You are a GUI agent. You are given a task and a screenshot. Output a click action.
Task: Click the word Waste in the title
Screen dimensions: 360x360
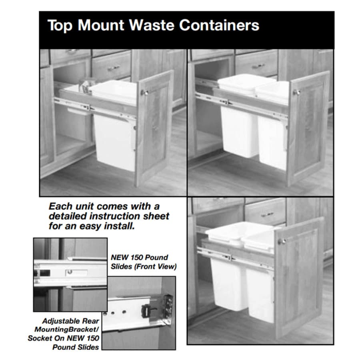pos(151,25)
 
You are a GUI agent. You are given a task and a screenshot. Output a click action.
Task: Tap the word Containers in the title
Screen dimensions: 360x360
pos(219,25)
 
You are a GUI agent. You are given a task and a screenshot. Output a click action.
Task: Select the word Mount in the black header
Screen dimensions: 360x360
pos(101,25)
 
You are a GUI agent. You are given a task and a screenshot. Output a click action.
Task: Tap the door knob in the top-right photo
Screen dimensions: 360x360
pos(296,92)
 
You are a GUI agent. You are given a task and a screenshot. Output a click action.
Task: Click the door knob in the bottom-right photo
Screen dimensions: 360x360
pos(282,241)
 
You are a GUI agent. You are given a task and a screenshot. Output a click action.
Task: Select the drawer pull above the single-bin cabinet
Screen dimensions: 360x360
pos(114,68)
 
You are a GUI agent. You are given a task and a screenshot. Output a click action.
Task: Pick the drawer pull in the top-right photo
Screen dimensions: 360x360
pos(258,66)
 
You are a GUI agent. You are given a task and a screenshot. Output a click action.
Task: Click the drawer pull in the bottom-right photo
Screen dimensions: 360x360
pos(267,215)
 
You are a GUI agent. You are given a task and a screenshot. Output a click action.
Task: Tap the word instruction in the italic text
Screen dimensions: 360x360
pos(114,216)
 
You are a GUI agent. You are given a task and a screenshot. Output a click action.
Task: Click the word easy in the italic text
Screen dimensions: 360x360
pos(90,226)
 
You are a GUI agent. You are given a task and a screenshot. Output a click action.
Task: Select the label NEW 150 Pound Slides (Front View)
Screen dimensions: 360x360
pos(144,262)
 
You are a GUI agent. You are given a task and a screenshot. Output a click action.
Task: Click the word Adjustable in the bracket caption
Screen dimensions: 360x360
pos(70,321)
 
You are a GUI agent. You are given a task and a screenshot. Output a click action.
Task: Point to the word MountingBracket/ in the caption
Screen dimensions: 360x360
pos(66,330)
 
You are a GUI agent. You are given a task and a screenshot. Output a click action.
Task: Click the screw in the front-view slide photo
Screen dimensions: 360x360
pos(69,272)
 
